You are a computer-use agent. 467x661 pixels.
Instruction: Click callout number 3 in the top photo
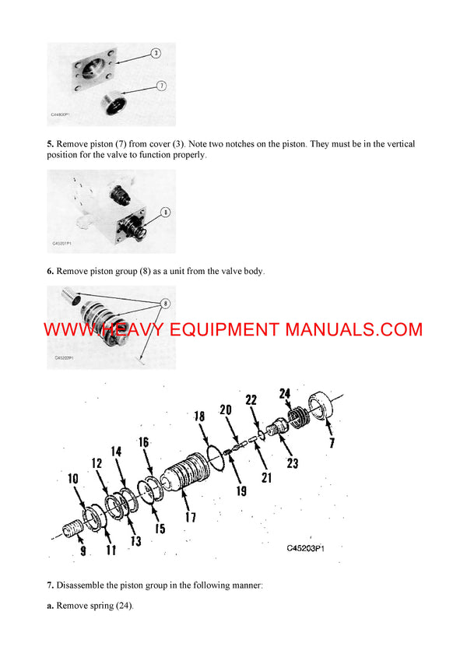155,53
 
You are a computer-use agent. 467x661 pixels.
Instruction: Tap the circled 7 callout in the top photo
160,85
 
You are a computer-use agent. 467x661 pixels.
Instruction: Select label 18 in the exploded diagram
199,417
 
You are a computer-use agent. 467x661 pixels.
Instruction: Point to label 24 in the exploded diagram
285,393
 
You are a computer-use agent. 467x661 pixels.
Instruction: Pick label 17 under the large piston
189,516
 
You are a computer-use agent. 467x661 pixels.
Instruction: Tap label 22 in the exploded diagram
251,400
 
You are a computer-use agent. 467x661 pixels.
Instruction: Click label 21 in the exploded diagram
266,477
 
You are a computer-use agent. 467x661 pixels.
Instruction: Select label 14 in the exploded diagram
116,451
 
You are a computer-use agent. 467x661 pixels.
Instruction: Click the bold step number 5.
50,144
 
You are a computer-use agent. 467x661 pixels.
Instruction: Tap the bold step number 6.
50,271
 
